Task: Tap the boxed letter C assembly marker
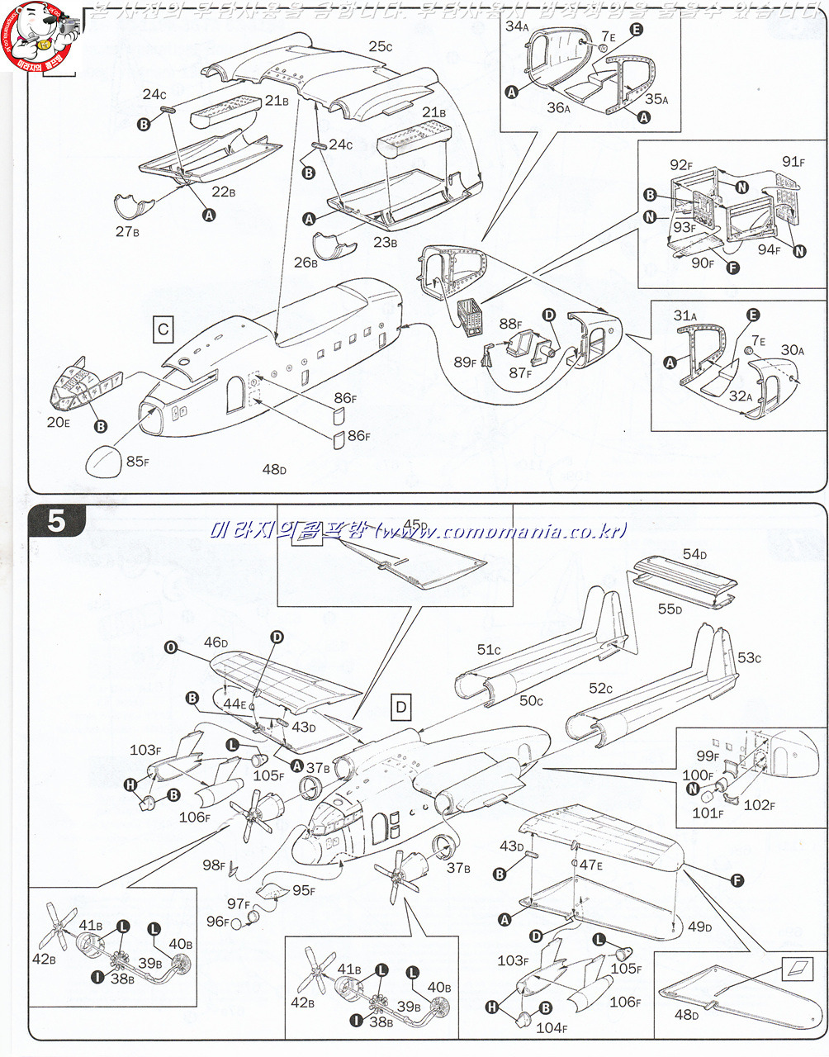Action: pyautogui.click(x=163, y=329)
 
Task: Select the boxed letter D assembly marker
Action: pyautogui.click(x=401, y=707)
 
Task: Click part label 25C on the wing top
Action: pyautogui.click(x=380, y=47)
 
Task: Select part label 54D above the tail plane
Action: pyautogui.click(x=694, y=554)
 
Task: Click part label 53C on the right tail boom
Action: pyautogui.click(x=749, y=657)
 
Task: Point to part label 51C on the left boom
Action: pyautogui.click(x=488, y=650)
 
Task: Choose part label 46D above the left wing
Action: pyautogui.click(x=216, y=642)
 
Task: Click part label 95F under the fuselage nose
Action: pyautogui.click(x=304, y=890)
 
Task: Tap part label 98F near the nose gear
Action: pyautogui.click(x=214, y=865)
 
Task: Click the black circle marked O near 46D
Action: pyautogui.click(x=171, y=648)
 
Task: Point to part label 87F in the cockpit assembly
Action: pyautogui.click(x=519, y=373)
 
